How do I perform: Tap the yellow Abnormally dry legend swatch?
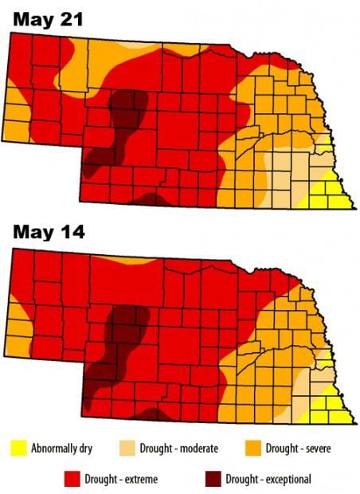(18, 449)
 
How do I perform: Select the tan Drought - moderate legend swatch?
(131, 449)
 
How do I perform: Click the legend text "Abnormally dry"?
(62, 449)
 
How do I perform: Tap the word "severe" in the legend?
(314, 449)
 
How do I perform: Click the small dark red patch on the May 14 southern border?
(151, 414)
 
